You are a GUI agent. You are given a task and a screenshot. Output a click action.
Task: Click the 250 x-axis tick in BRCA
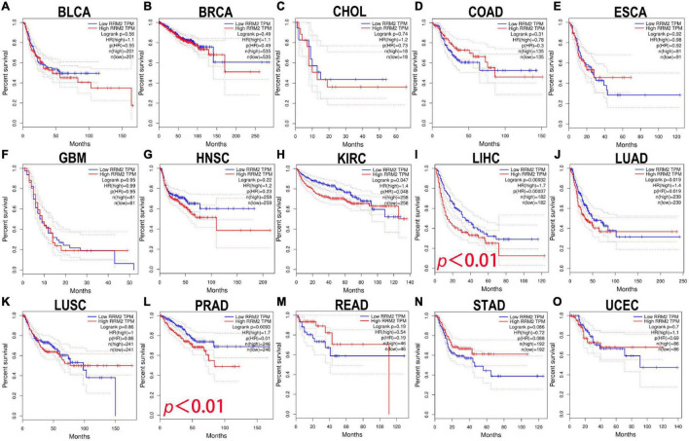point(256,133)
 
